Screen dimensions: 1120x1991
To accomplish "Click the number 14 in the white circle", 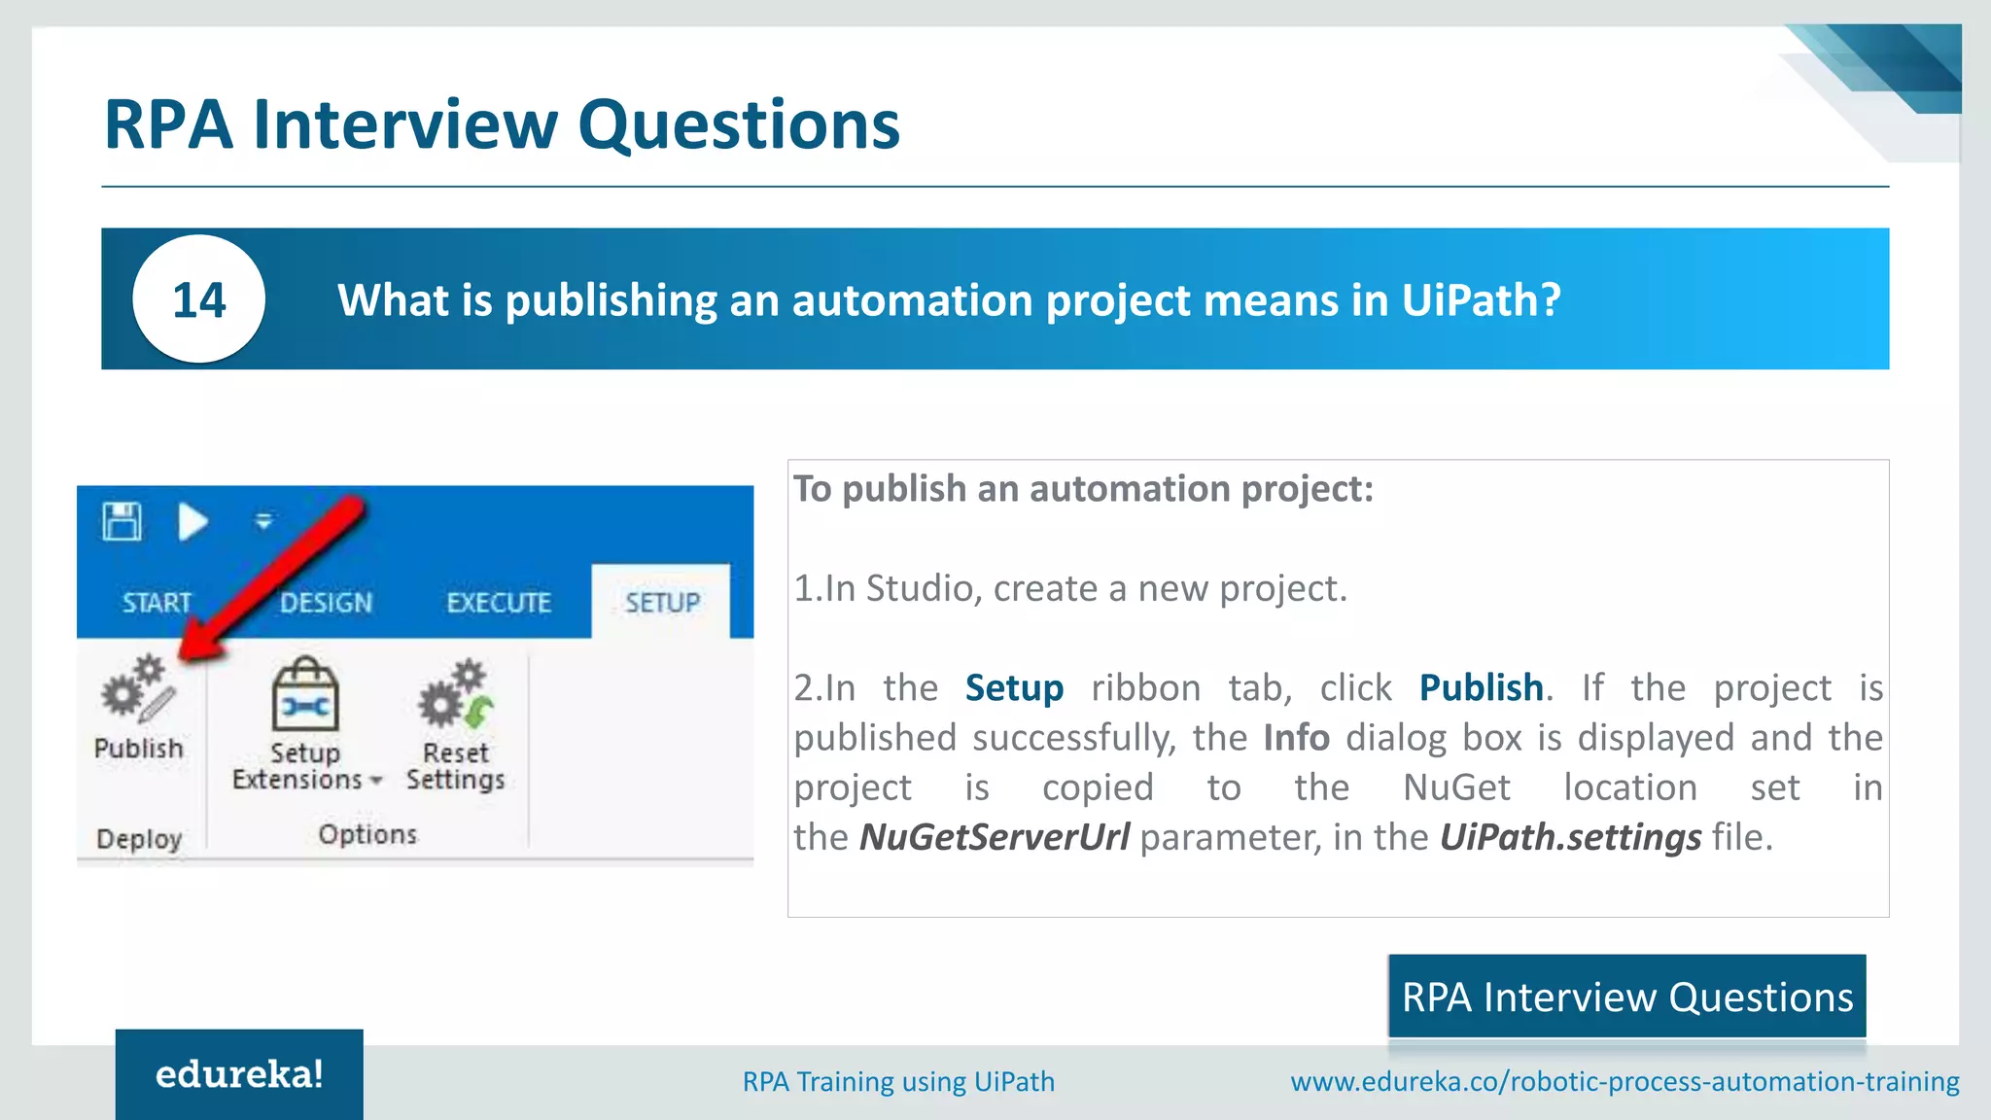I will [199, 299].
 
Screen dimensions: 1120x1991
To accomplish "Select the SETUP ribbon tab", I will [662, 603].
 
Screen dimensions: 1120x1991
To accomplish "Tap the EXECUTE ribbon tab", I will [499, 603].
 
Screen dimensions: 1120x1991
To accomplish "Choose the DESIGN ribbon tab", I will [326, 603].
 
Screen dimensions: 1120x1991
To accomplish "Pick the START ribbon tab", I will [157, 603].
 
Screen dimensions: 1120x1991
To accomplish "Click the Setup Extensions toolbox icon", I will [305, 694].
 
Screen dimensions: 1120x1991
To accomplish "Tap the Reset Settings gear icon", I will [455, 694].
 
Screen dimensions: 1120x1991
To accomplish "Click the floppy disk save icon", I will [122, 522].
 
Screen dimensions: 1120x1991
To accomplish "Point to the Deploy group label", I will [139, 838].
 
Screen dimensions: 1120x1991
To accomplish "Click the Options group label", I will [367, 834].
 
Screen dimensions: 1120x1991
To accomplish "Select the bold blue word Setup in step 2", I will [1014, 688].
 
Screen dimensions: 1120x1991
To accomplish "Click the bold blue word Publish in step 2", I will [1481, 688].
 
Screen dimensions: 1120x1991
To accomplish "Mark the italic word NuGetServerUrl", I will [994, 837].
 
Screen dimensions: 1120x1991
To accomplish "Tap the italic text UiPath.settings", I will [1570, 837].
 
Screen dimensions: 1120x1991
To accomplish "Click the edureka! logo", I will [239, 1074].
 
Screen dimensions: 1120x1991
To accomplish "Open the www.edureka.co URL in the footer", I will [1624, 1081].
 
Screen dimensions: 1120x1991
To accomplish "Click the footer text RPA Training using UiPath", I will [898, 1081].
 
